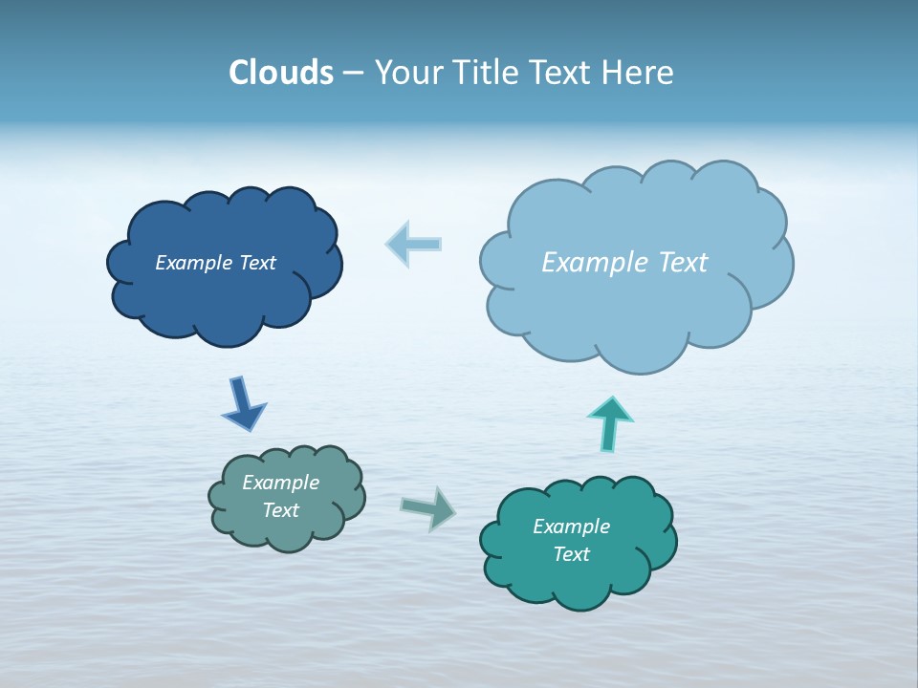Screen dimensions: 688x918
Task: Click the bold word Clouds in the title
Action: click(x=281, y=73)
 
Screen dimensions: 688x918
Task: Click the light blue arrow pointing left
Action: click(x=414, y=244)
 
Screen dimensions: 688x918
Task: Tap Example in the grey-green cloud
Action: click(x=280, y=483)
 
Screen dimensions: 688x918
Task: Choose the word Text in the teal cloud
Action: click(x=571, y=554)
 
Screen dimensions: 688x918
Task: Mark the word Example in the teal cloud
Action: click(x=571, y=527)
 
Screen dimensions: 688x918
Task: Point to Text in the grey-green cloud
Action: click(x=280, y=510)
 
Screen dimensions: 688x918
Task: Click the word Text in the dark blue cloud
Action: click(x=257, y=263)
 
